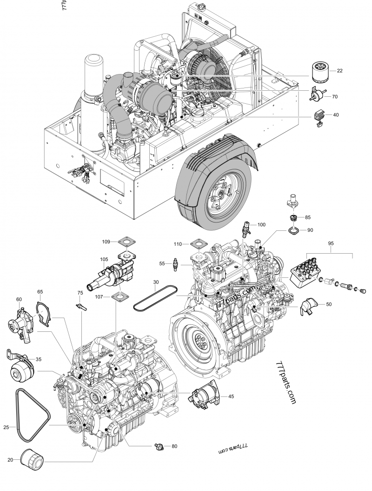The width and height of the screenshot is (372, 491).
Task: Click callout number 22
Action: [x=339, y=71]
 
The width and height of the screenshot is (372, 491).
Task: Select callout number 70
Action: [x=335, y=96]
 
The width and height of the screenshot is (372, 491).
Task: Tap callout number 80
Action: [x=174, y=446]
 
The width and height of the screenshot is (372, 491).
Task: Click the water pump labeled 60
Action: [x=20, y=322]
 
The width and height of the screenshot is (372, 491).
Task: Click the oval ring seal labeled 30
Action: [x=155, y=297]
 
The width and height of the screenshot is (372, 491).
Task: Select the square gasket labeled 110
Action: [x=198, y=243]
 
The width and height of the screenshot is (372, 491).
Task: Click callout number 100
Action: [x=261, y=224]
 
